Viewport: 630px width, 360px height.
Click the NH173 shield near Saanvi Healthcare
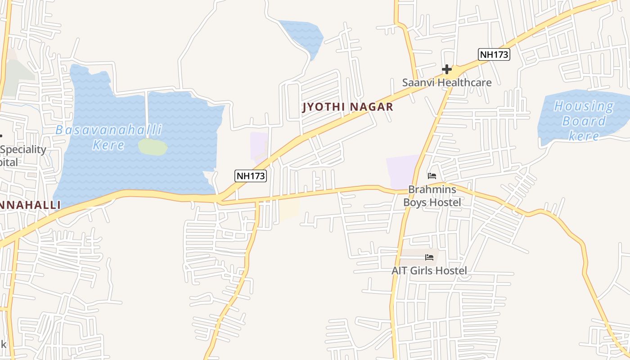(494, 54)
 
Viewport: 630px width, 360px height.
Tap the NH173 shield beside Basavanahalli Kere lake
(251, 175)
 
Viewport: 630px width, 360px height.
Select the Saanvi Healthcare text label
(446, 83)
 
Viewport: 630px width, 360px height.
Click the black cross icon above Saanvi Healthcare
(446, 69)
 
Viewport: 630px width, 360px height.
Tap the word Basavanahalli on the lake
(108, 130)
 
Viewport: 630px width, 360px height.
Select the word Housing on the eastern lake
(584, 107)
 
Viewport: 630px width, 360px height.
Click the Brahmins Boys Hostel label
(432, 196)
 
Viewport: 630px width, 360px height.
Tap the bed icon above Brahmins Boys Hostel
(432, 175)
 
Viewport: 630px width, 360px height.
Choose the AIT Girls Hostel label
(429, 270)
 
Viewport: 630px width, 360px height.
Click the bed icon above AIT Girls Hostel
(429, 257)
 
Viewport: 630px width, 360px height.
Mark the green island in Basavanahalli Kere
(153, 147)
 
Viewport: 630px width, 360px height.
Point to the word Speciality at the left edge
(23, 149)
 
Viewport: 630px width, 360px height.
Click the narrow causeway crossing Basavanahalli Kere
(146, 115)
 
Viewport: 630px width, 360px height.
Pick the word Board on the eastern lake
(584, 121)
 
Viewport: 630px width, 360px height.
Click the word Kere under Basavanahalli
(108, 145)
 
